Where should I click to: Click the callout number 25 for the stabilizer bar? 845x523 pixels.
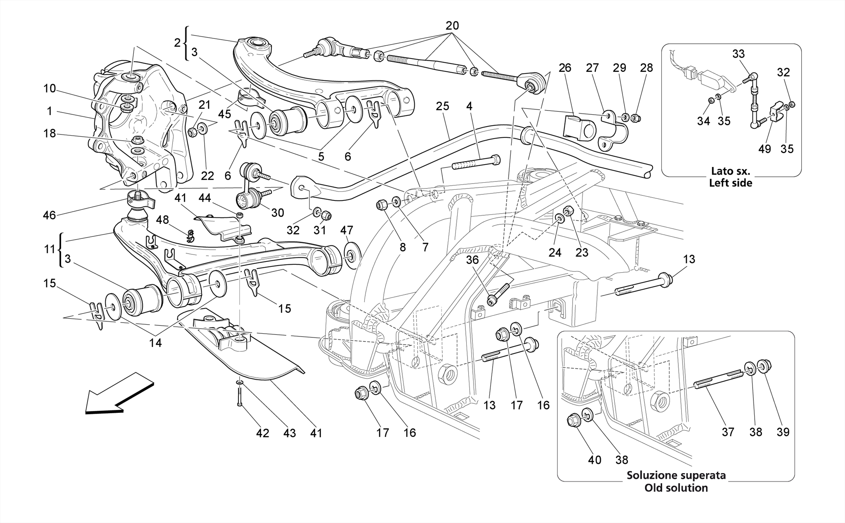[x=442, y=106]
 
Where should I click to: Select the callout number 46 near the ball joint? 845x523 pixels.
[x=49, y=215]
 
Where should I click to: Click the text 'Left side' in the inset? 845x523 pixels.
[x=730, y=183]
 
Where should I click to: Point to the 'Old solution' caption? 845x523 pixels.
[x=676, y=488]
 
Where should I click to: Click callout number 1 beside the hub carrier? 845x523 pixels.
[x=50, y=111]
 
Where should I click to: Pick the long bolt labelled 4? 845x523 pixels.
[x=477, y=163]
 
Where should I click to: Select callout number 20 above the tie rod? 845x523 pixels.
[x=452, y=26]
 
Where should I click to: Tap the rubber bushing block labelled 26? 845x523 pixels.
[x=579, y=128]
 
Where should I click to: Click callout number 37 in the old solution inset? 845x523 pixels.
[x=728, y=432]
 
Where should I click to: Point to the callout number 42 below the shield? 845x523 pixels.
[x=262, y=433]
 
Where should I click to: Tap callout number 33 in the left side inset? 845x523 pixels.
[x=739, y=54]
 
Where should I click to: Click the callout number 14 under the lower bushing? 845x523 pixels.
[x=156, y=342]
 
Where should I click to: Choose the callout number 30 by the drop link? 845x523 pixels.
[x=277, y=212]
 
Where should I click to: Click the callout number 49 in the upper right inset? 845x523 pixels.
[x=765, y=148]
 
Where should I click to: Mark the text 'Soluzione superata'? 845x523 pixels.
[x=676, y=475]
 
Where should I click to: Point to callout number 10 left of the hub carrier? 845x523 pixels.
[x=50, y=88]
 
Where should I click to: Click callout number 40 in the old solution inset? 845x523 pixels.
[x=595, y=459]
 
